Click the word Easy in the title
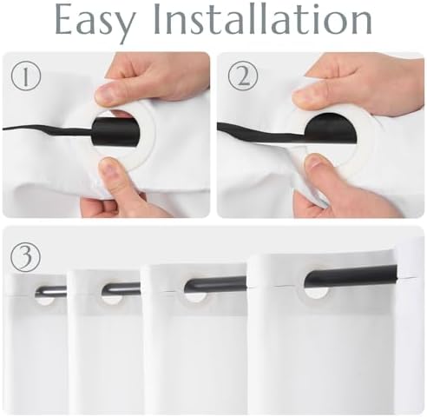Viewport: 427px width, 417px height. (95, 22)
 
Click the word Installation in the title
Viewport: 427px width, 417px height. (263, 19)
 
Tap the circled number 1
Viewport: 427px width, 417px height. (26, 76)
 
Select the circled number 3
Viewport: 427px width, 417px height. (25, 256)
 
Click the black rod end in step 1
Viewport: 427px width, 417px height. (115, 131)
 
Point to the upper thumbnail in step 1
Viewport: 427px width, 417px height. (106, 93)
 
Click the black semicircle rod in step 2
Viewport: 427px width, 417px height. (332, 128)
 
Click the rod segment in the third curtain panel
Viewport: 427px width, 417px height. (215, 283)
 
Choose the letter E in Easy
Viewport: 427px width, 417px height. (63, 19)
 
